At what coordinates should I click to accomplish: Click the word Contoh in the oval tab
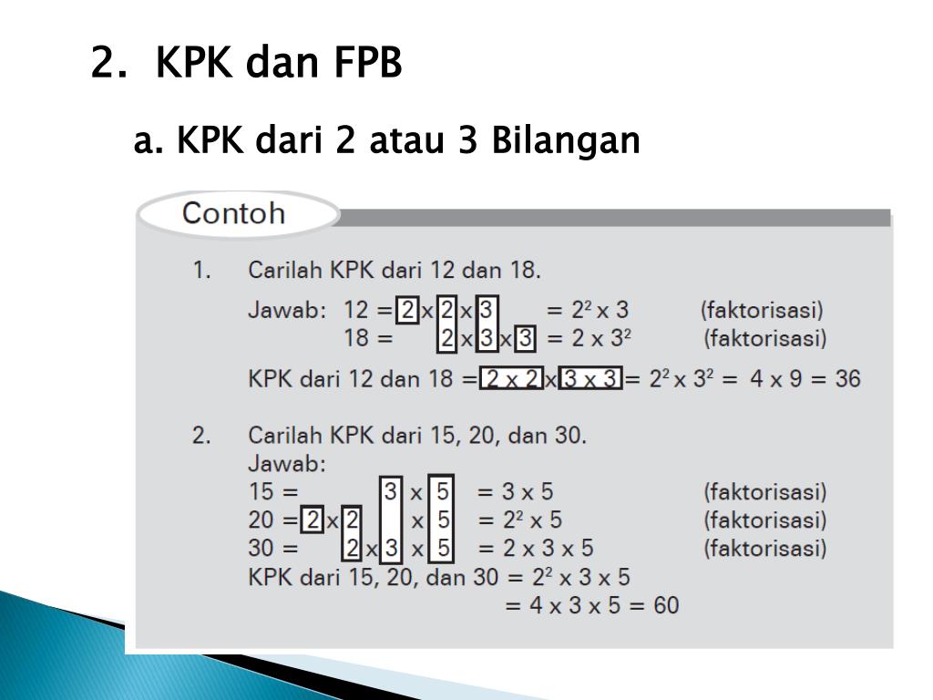[x=233, y=214]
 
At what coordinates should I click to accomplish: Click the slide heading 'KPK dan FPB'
[x=278, y=64]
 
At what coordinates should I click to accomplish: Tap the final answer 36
[x=847, y=378]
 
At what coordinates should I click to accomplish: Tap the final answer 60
[x=665, y=605]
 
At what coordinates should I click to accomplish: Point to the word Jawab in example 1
[x=286, y=310]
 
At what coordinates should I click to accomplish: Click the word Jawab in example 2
[x=286, y=464]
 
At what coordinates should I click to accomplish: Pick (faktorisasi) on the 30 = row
[x=764, y=549]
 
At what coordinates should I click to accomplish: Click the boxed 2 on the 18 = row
[x=446, y=339]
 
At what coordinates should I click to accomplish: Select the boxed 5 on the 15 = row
[x=443, y=492]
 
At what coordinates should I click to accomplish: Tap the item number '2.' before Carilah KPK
[x=201, y=436]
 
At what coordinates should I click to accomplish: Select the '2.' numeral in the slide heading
[x=107, y=64]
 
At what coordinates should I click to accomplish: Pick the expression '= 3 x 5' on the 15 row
[x=515, y=492]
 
